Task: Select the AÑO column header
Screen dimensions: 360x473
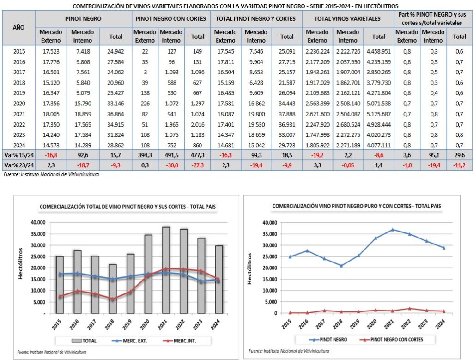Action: pos(18,28)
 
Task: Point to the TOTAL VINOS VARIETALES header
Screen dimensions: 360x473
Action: pos(347,19)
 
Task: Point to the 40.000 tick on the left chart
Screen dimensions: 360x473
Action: pos(38,222)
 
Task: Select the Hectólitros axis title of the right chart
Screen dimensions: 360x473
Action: pos(250,268)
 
